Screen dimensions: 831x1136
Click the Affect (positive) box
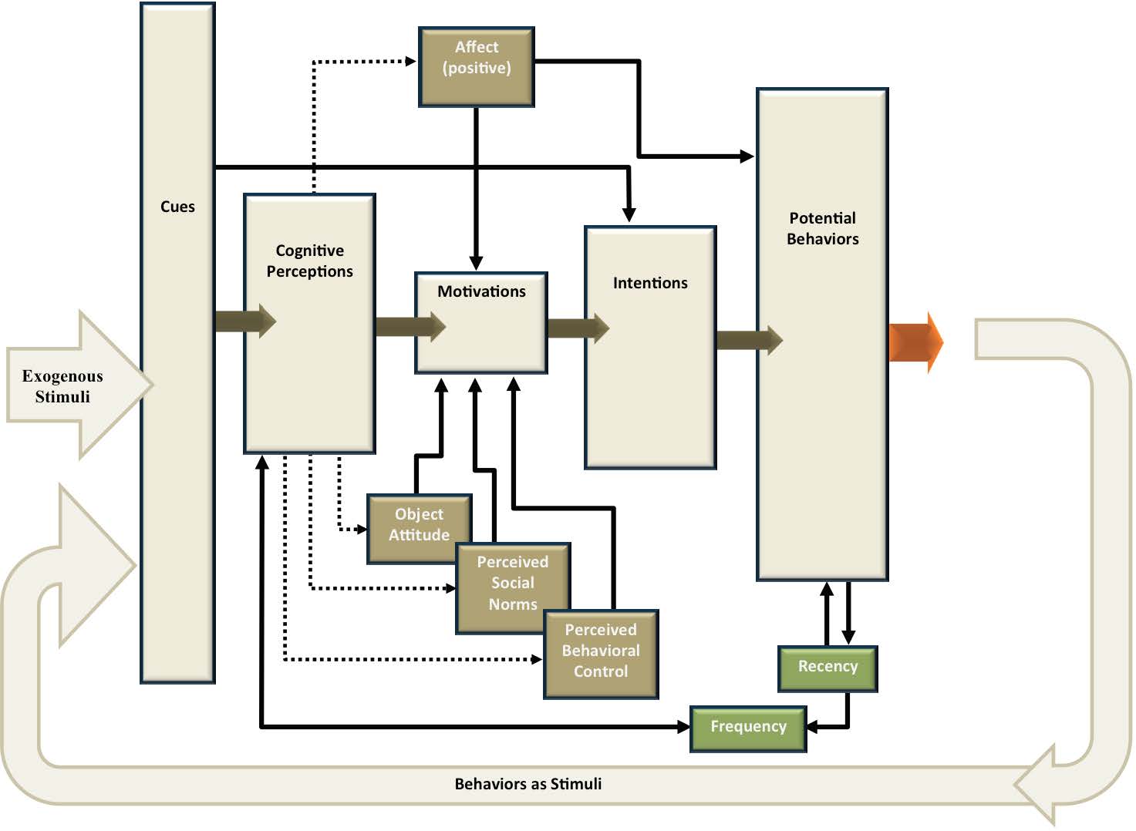point(476,66)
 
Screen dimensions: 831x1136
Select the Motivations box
point(481,322)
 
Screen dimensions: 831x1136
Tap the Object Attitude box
point(419,525)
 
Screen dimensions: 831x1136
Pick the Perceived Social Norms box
point(513,584)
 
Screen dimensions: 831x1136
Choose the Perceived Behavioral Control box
point(601,652)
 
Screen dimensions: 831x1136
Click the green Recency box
point(828,668)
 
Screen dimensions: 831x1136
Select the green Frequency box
point(748,728)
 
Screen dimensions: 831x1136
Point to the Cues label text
point(177,207)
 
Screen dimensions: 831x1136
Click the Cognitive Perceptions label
point(309,261)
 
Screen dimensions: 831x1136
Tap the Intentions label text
point(650,283)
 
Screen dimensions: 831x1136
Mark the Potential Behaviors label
point(822,228)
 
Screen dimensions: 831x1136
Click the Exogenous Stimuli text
point(62,386)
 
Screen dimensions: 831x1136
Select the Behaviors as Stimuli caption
point(528,784)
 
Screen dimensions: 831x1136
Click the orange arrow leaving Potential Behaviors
point(915,342)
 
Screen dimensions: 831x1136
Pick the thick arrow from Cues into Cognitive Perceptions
point(244,321)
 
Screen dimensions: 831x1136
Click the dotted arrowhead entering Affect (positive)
point(410,61)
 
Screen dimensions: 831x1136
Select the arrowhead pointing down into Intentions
point(629,214)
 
